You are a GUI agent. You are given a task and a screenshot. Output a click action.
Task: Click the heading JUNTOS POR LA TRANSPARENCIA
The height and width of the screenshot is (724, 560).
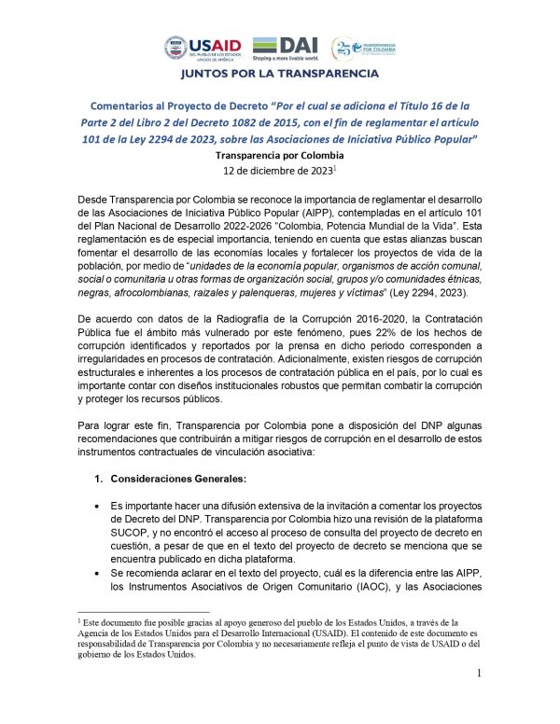point(279,74)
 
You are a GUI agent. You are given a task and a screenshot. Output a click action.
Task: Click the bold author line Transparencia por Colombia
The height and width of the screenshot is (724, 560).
point(280,155)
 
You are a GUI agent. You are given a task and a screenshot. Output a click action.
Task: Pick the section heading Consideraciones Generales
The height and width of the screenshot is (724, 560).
point(176,478)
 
